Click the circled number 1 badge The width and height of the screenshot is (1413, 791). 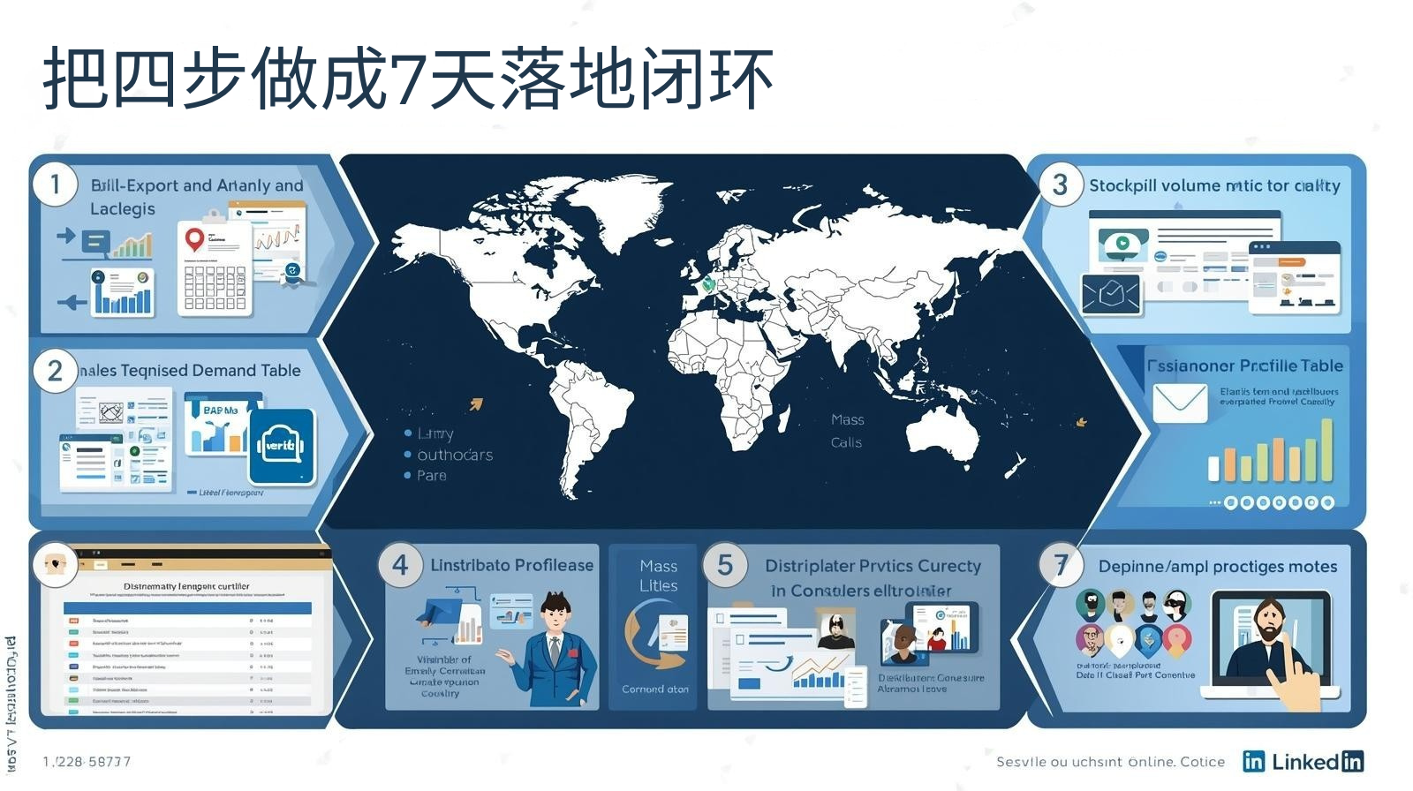pyautogui.click(x=55, y=185)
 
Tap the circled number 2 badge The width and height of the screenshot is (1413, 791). pyautogui.click(x=55, y=371)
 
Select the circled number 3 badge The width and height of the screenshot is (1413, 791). pyautogui.click(x=1060, y=185)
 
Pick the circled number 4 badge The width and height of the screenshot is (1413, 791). pyautogui.click(x=400, y=565)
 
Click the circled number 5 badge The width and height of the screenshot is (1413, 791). pyautogui.click(x=725, y=565)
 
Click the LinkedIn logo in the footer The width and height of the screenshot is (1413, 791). pyautogui.click(x=1303, y=761)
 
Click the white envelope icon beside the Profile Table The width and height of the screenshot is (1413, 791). pyautogui.click(x=1180, y=403)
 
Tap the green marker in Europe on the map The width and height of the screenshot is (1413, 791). pyautogui.click(x=707, y=284)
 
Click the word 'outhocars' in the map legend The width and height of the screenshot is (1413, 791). pyautogui.click(x=455, y=455)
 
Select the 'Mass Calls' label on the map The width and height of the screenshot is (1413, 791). pyautogui.click(x=847, y=431)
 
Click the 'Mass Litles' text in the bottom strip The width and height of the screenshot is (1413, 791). pyautogui.click(x=658, y=576)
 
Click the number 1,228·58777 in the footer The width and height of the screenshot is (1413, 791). pyautogui.click(x=87, y=761)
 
